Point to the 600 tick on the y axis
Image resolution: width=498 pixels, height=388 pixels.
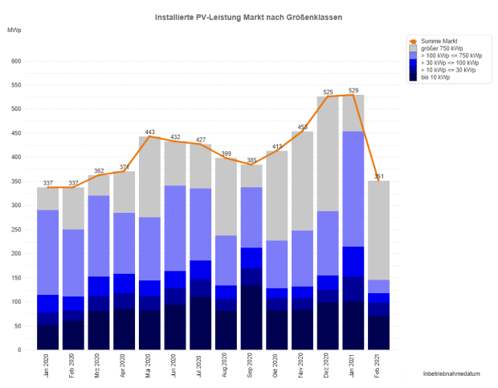click(x=16, y=61)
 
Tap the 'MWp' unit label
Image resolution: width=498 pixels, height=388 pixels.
click(x=14, y=30)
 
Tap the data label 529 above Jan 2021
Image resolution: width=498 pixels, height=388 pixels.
click(x=353, y=90)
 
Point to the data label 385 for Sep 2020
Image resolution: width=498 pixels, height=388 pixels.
click(x=251, y=160)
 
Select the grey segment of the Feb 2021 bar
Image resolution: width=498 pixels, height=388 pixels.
click(x=378, y=230)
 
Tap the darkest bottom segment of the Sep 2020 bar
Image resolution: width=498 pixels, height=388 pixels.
click(x=251, y=317)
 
